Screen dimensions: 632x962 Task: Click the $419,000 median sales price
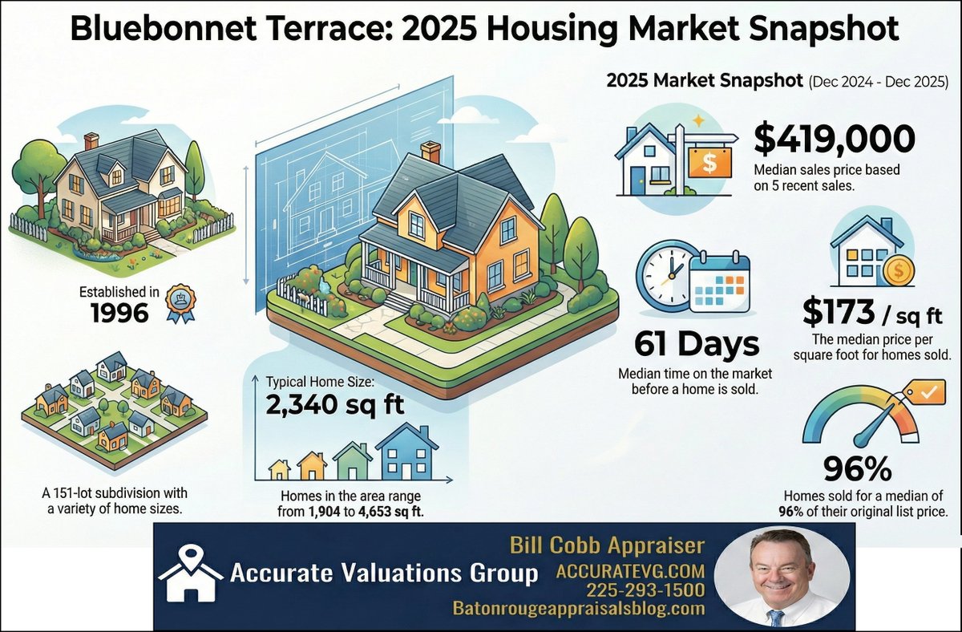point(834,140)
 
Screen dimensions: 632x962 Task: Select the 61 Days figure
point(696,344)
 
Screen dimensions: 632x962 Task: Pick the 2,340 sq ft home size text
point(334,405)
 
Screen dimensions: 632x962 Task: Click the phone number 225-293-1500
point(645,590)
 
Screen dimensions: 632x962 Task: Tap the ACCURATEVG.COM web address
point(631,571)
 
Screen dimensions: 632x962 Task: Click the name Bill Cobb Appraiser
point(607,546)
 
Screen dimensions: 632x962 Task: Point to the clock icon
point(664,275)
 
